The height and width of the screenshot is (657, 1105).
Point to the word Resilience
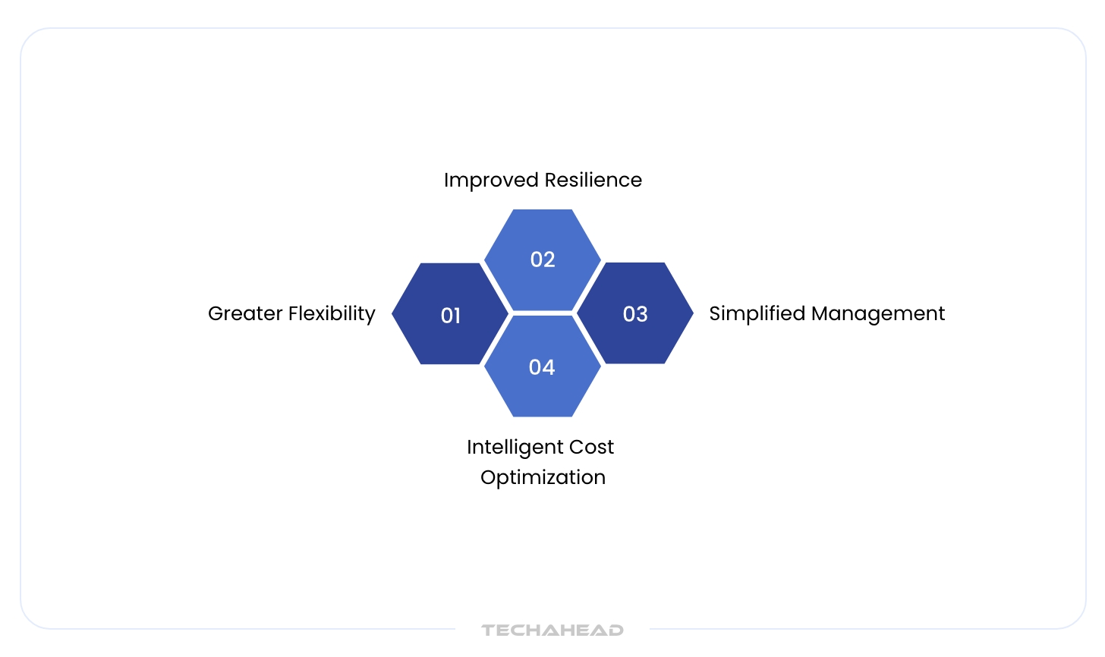(x=593, y=181)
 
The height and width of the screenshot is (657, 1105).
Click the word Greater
(x=245, y=314)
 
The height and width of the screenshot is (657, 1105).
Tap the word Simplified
(x=757, y=314)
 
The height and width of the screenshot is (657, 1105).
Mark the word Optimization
(x=543, y=478)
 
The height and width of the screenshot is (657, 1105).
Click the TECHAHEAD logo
(x=552, y=630)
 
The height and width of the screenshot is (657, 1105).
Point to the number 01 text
(x=451, y=316)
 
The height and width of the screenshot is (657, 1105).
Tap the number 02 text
(x=543, y=259)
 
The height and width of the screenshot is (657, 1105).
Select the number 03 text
(x=635, y=314)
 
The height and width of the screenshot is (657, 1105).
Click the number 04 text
(x=542, y=367)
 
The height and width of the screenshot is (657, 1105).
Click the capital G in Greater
(x=215, y=314)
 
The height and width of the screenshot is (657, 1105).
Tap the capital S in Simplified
(x=715, y=314)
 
